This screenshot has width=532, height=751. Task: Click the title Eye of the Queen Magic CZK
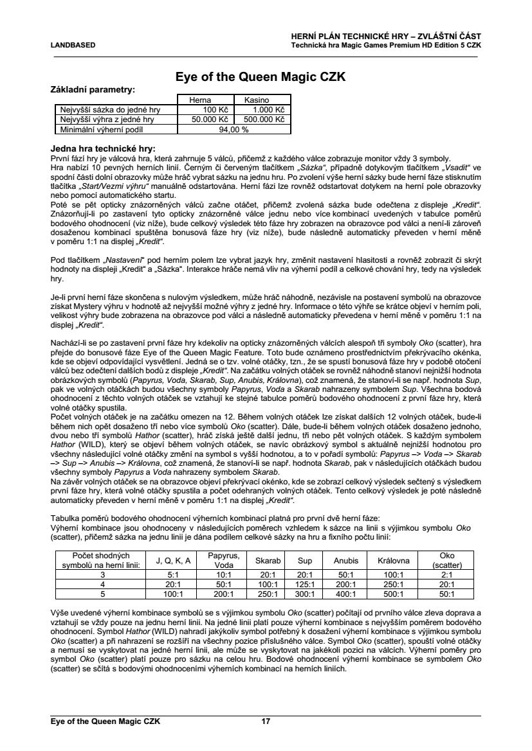(x=261, y=77)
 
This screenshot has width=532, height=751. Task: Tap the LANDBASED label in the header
(x=73, y=45)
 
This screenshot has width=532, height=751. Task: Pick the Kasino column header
(x=256, y=100)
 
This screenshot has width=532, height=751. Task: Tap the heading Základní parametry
(x=93, y=89)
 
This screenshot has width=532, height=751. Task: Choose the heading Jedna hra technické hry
(x=103, y=148)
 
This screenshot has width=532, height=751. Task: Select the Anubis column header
(x=345, y=560)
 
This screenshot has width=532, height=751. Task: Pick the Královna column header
(x=392, y=560)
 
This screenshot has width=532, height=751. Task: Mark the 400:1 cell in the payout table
(x=345, y=594)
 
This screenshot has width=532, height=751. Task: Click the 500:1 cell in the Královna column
(x=392, y=594)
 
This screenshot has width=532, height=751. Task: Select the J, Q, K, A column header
(x=172, y=560)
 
